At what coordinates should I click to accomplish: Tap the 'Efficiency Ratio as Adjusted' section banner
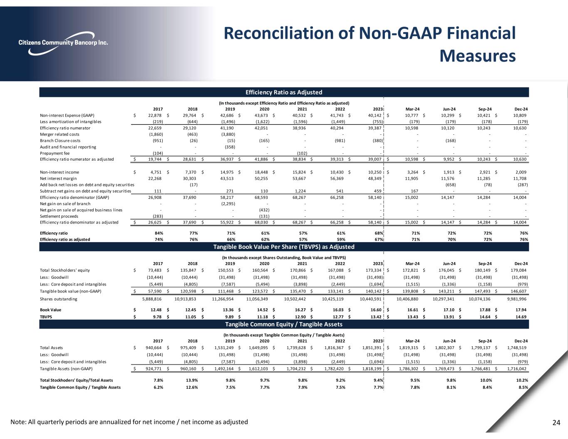[x=284, y=92]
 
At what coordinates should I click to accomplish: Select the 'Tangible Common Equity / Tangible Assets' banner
[x=284, y=324]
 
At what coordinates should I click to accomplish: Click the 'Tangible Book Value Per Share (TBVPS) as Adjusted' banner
[x=284, y=247]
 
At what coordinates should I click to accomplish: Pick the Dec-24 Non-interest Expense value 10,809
[x=520, y=115]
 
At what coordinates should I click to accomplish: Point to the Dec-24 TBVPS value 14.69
[x=521, y=317]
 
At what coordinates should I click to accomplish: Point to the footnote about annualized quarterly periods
[x=129, y=422]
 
